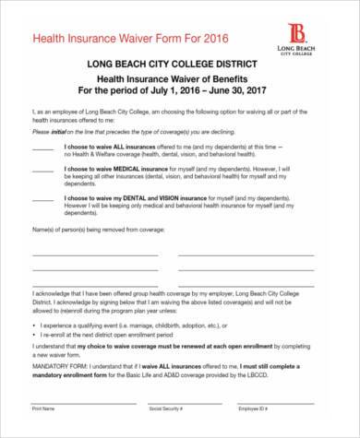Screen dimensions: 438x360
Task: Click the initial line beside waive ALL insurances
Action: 43,147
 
